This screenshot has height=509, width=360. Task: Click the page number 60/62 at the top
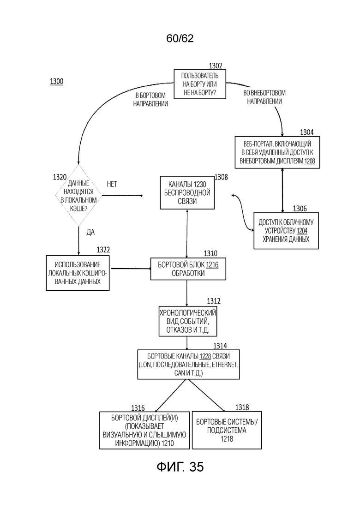pos(180,38)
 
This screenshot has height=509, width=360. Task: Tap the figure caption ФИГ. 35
pos(180,467)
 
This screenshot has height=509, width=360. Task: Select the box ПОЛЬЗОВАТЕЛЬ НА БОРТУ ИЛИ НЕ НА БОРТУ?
pos(200,84)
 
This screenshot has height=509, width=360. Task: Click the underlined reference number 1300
pos(56,81)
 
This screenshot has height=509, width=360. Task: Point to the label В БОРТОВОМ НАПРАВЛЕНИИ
pos(150,100)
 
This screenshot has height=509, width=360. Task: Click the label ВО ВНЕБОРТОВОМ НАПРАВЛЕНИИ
pos(264,97)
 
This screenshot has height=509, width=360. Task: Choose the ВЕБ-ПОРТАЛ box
pos(277,152)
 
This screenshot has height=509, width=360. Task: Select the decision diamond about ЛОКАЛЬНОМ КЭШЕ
pos(78,195)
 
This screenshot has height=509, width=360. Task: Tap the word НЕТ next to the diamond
pos(112,184)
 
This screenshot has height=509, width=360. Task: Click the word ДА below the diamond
pos(90,232)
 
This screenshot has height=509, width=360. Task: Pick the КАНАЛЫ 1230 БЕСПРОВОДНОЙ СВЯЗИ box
pos(187,192)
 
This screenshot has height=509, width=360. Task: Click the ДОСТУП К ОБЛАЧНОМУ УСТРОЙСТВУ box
pos(286,230)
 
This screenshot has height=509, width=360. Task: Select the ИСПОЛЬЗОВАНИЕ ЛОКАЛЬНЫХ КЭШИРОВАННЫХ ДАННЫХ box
pos(78,273)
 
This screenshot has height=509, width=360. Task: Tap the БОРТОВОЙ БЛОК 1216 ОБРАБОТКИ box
pos(188,269)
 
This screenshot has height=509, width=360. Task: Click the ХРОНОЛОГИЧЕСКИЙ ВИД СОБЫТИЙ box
pos(188,321)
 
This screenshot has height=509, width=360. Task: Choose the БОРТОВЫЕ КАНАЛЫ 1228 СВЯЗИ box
pos(189,364)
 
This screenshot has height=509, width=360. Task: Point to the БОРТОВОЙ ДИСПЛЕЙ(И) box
pos(144,430)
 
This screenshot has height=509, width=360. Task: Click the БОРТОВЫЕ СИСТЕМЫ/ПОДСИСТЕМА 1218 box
pos(227,430)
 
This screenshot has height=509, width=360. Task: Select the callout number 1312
pos(214,301)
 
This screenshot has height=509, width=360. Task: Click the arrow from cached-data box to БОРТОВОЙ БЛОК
pos(131,269)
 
